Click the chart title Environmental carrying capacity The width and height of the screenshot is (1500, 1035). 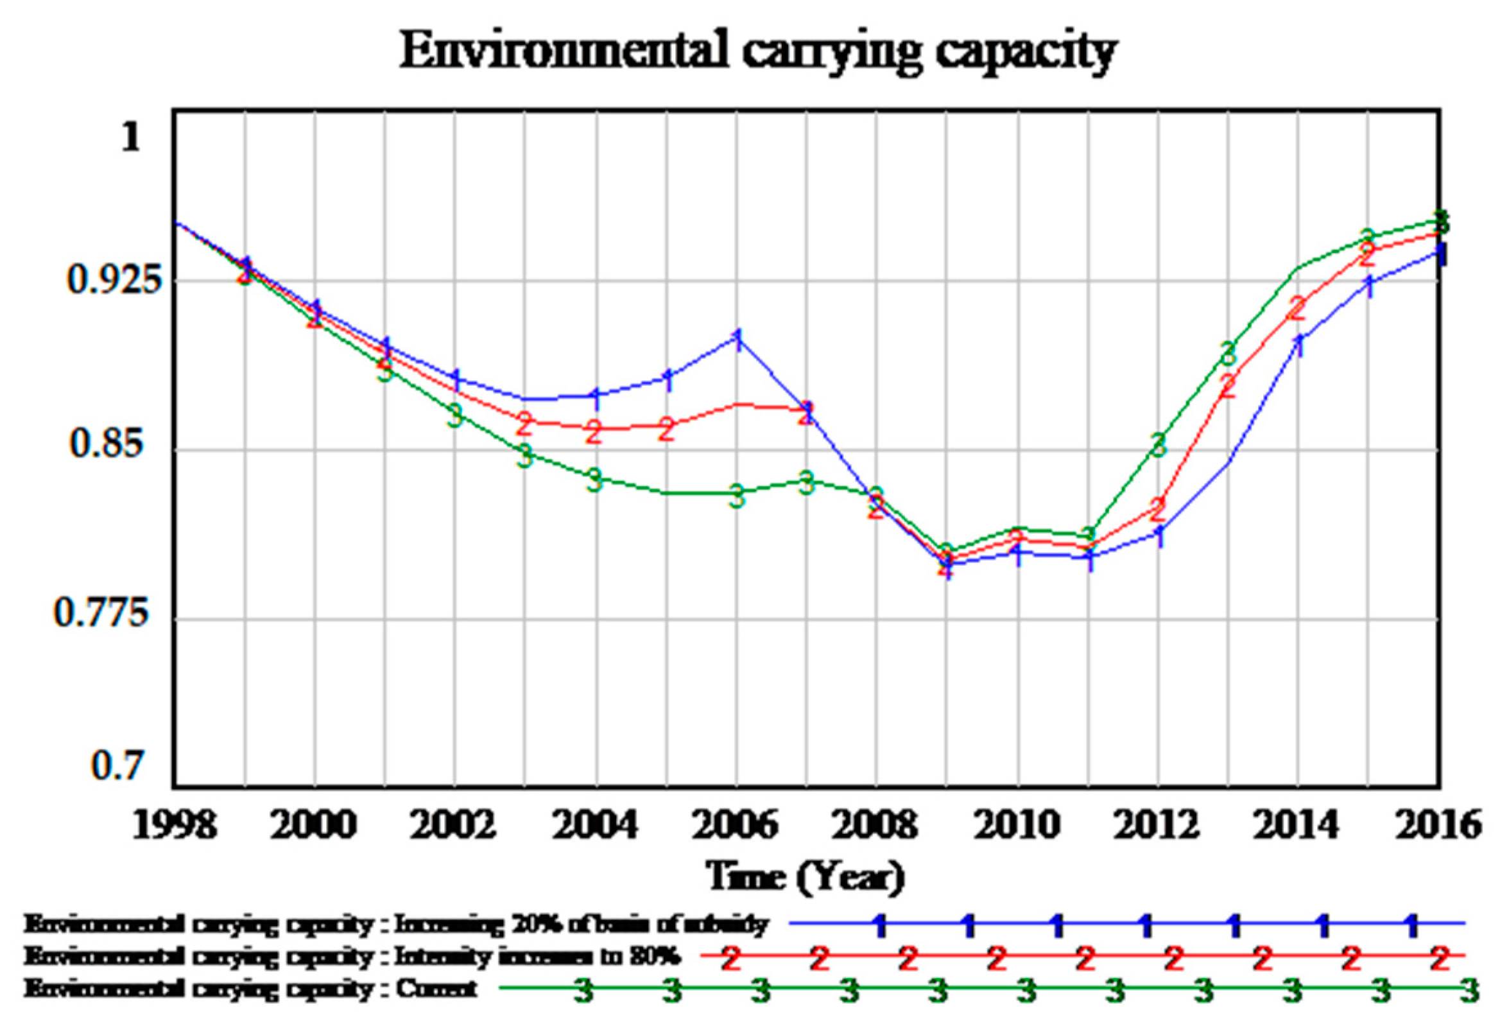(757, 52)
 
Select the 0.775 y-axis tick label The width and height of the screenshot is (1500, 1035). (101, 612)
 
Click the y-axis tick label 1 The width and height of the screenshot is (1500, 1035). (131, 137)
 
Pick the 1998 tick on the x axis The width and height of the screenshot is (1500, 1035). (174, 826)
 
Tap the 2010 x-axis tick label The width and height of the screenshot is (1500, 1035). (1016, 826)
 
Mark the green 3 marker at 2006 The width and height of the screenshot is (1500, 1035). (736, 496)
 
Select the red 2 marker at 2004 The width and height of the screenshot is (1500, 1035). (594, 432)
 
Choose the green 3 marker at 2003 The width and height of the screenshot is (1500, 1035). (525, 456)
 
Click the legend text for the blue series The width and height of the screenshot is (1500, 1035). (395, 923)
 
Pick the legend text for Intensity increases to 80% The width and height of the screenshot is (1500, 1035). (352, 956)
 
